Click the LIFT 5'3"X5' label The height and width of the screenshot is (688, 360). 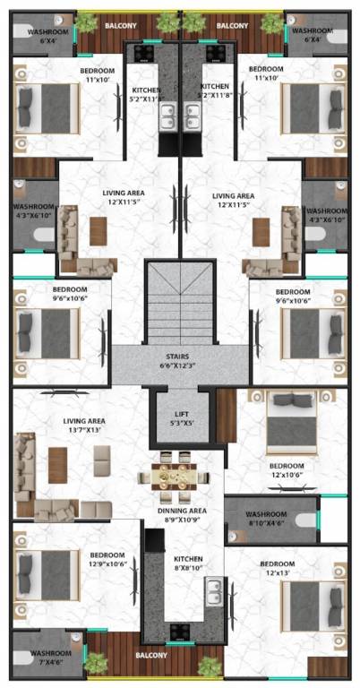point(181,418)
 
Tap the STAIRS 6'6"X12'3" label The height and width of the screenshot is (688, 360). point(181,361)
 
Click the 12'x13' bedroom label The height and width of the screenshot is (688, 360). point(278,569)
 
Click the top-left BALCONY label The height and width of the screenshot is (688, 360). point(121,26)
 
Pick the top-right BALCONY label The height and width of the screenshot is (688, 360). point(232,26)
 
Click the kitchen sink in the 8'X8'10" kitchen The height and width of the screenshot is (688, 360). point(213,592)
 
